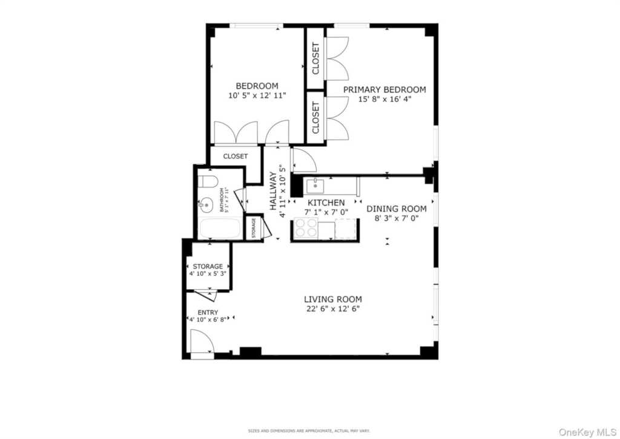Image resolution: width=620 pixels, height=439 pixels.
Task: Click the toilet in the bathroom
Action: click(208, 182)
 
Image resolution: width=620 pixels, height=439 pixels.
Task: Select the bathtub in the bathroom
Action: click(219, 230)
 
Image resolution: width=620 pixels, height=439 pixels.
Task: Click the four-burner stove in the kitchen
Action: click(305, 228)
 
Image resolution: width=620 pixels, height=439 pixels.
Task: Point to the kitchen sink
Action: click(314, 185)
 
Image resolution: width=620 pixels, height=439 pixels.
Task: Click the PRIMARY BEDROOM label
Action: click(384, 89)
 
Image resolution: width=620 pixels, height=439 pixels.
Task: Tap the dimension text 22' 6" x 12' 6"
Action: click(333, 309)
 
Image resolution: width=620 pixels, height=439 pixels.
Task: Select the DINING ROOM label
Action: click(397, 209)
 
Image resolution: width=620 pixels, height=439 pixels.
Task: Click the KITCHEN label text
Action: click(326, 203)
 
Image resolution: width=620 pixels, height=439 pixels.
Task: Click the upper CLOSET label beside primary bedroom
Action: click(315, 59)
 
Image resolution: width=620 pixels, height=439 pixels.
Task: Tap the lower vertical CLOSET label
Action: click(315, 118)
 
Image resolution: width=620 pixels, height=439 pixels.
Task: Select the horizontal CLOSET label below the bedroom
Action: click(236, 156)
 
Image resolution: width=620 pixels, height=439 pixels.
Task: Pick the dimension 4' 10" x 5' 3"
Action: click(208, 274)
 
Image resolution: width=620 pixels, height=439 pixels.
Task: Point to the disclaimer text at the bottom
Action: click(309, 431)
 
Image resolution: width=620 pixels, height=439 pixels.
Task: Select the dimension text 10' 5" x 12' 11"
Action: click(257, 95)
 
